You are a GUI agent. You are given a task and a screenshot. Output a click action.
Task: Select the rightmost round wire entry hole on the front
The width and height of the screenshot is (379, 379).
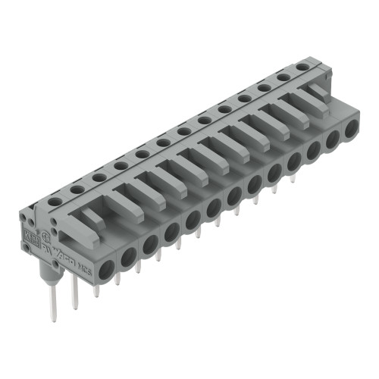(350, 130)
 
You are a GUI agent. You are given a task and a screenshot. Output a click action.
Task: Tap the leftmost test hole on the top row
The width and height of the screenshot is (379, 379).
(55, 202)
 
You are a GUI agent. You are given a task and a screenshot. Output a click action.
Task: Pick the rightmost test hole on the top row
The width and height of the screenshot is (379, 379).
(302, 67)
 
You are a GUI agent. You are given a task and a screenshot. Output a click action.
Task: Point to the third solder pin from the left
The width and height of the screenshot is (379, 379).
(96, 288)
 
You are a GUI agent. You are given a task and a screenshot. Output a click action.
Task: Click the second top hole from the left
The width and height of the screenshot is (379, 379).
(77, 189)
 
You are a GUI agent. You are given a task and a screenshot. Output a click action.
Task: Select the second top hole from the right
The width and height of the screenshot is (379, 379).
(283, 77)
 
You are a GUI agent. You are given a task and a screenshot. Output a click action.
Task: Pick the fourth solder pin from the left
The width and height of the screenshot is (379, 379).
(117, 278)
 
